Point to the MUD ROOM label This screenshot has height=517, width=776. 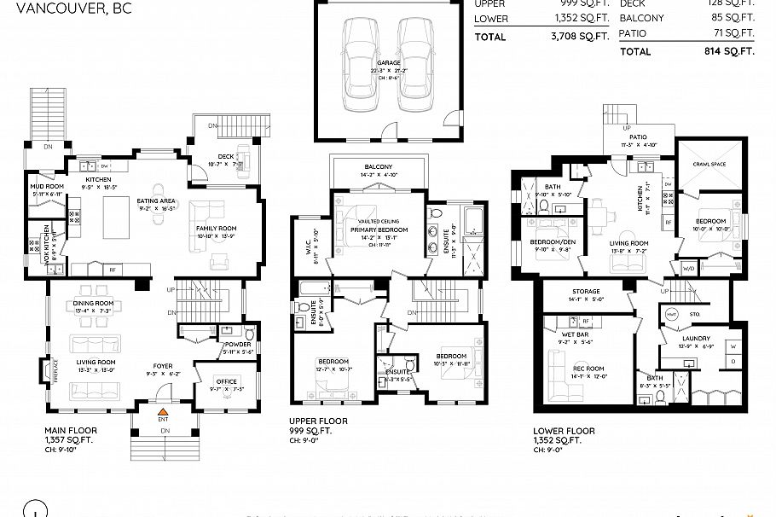point(48,186)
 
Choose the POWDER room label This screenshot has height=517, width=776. point(238,344)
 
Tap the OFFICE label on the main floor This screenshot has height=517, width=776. point(227,380)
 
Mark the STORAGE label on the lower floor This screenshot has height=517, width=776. point(585,291)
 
